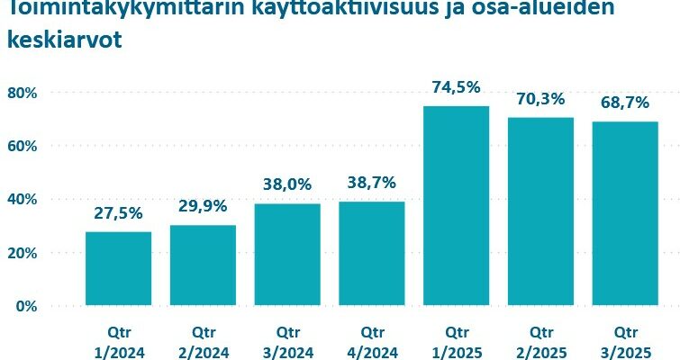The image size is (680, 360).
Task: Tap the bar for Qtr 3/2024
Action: [x=287, y=254]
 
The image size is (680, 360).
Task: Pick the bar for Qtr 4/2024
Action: [x=372, y=253]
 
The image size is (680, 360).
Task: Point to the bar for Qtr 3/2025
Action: [x=625, y=213]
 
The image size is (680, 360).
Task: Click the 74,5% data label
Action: [x=456, y=87]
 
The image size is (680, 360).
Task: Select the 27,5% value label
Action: [x=118, y=213]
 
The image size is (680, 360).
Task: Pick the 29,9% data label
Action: [x=203, y=207]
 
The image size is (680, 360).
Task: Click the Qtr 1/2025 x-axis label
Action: [x=456, y=339]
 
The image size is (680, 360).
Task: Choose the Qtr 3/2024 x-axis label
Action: [x=287, y=339]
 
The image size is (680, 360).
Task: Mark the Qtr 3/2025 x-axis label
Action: [x=625, y=339]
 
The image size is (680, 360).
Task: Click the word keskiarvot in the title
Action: [x=64, y=41]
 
